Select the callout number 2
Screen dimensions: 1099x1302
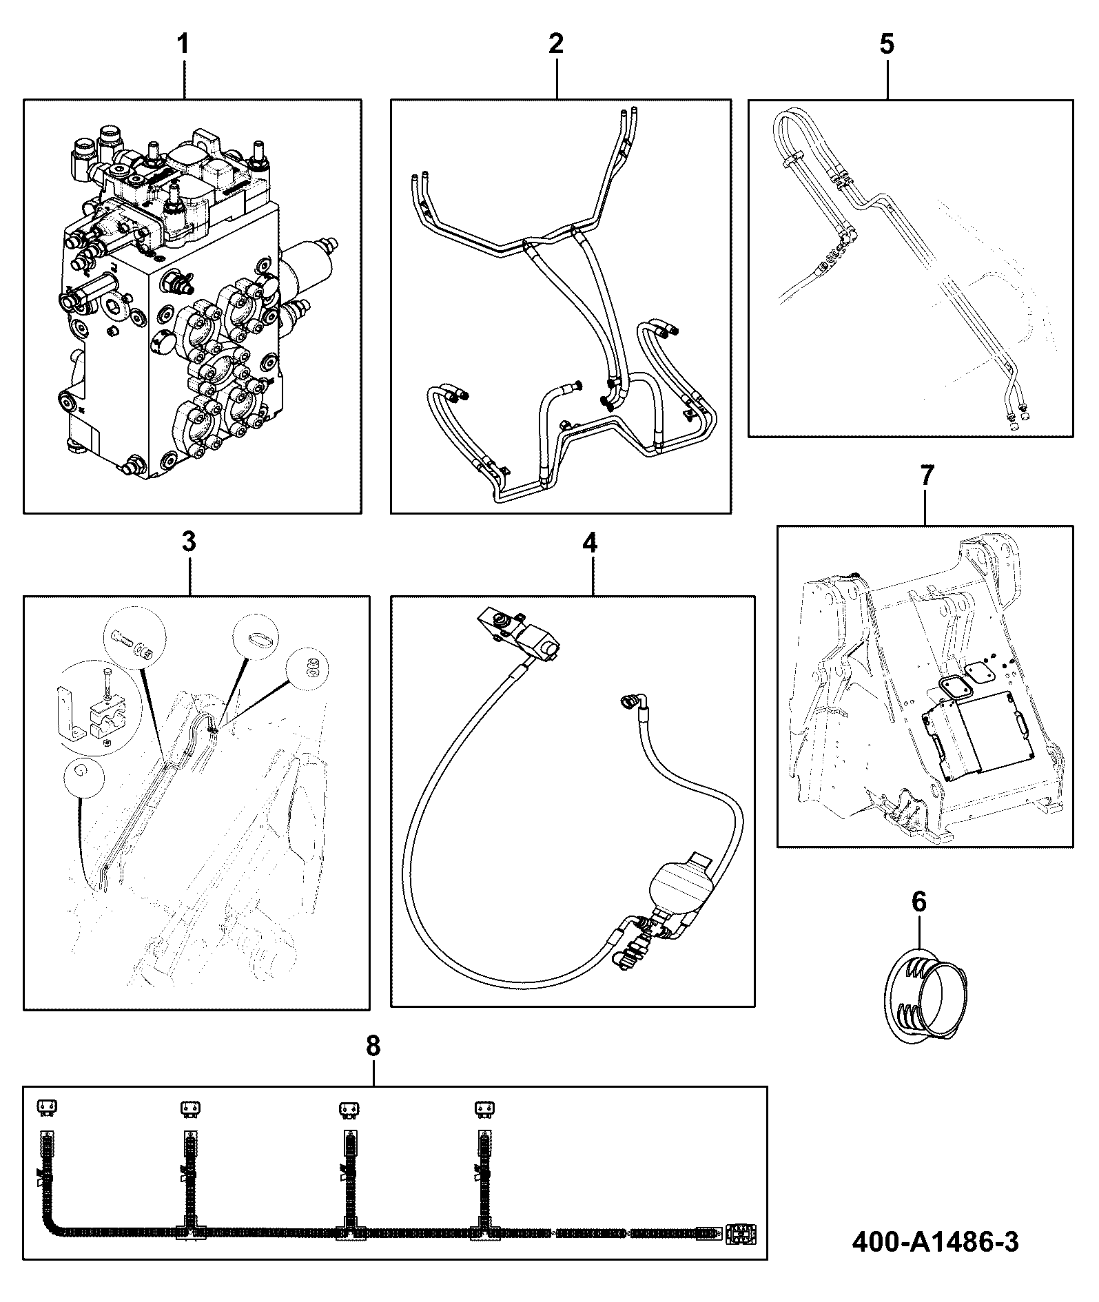pos(556,44)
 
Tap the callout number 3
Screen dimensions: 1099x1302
pos(189,542)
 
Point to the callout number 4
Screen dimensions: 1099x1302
pos(590,543)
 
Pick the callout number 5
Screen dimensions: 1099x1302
pos(887,45)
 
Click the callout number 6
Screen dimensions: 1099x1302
pos(919,902)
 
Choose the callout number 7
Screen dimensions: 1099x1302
pos(927,475)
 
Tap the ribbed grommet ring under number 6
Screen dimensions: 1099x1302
pos(921,993)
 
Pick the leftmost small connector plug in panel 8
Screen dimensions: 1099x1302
pos(47,1107)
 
